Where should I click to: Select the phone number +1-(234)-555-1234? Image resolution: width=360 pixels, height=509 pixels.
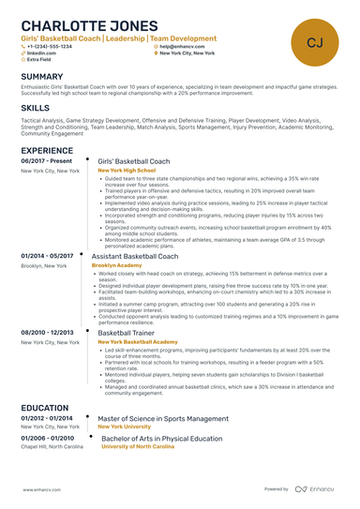[50, 46]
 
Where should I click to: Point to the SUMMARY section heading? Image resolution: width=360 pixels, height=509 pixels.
[42, 76]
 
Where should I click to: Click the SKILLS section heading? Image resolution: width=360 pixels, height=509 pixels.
[36, 109]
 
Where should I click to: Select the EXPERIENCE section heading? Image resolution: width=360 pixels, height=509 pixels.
[47, 150]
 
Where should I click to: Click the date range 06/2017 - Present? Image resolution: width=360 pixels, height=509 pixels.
[46, 161]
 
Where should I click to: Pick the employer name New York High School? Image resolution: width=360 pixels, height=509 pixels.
[133, 171]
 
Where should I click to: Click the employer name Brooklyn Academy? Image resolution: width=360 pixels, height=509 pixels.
[116, 265]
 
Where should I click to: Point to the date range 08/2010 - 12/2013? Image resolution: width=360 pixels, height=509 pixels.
[47, 333]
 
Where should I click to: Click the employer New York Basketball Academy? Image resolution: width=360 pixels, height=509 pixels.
[138, 342]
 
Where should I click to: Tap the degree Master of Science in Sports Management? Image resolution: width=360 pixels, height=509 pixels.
[163, 418]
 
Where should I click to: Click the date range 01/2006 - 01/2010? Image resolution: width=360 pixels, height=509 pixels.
[47, 438]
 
